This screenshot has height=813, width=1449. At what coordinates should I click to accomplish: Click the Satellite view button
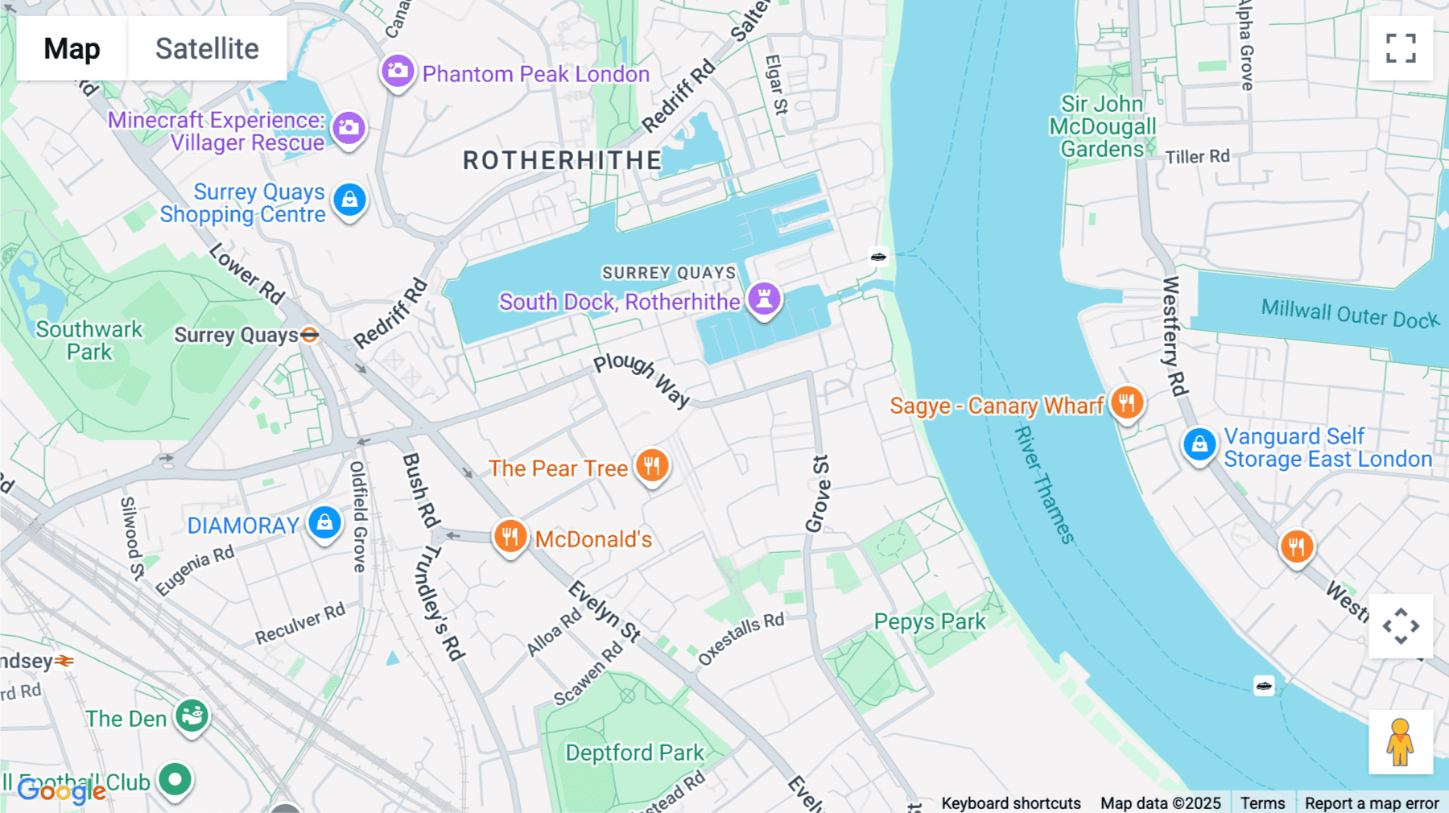click(207, 49)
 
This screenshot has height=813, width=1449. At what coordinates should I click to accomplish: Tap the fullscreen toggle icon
click(1401, 48)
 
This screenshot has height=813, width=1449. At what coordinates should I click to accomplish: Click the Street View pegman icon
click(1400, 742)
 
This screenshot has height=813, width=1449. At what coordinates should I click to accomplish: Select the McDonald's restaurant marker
click(510, 536)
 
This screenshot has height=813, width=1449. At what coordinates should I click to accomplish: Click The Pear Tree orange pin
click(652, 465)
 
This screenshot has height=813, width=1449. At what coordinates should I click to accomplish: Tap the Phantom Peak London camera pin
click(398, 72)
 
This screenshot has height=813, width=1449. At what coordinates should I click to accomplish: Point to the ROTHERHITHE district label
click(562, 161)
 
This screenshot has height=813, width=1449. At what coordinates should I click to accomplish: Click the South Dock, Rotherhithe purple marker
click(764, 298)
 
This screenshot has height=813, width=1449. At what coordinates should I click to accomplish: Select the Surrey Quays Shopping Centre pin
click(349, 200)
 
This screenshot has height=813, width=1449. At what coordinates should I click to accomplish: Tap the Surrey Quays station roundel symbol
click(310, 335)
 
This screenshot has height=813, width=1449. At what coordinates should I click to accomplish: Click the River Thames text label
click(1043, 485)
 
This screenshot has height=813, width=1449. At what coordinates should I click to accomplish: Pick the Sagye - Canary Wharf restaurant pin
click(1127, 402)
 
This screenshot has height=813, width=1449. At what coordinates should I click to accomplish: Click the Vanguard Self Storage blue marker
click(1199, 444)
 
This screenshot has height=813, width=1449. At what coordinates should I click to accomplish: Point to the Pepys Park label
click(930, 622)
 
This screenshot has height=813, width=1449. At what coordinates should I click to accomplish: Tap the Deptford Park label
click(634, 753)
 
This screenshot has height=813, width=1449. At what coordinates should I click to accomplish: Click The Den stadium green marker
click(192, 715)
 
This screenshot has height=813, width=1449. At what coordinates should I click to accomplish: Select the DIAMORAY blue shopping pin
click(324, 522)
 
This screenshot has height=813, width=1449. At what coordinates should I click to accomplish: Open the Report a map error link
click(1372, 803)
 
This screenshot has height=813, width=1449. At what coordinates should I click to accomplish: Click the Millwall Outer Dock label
click(1350, 313)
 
